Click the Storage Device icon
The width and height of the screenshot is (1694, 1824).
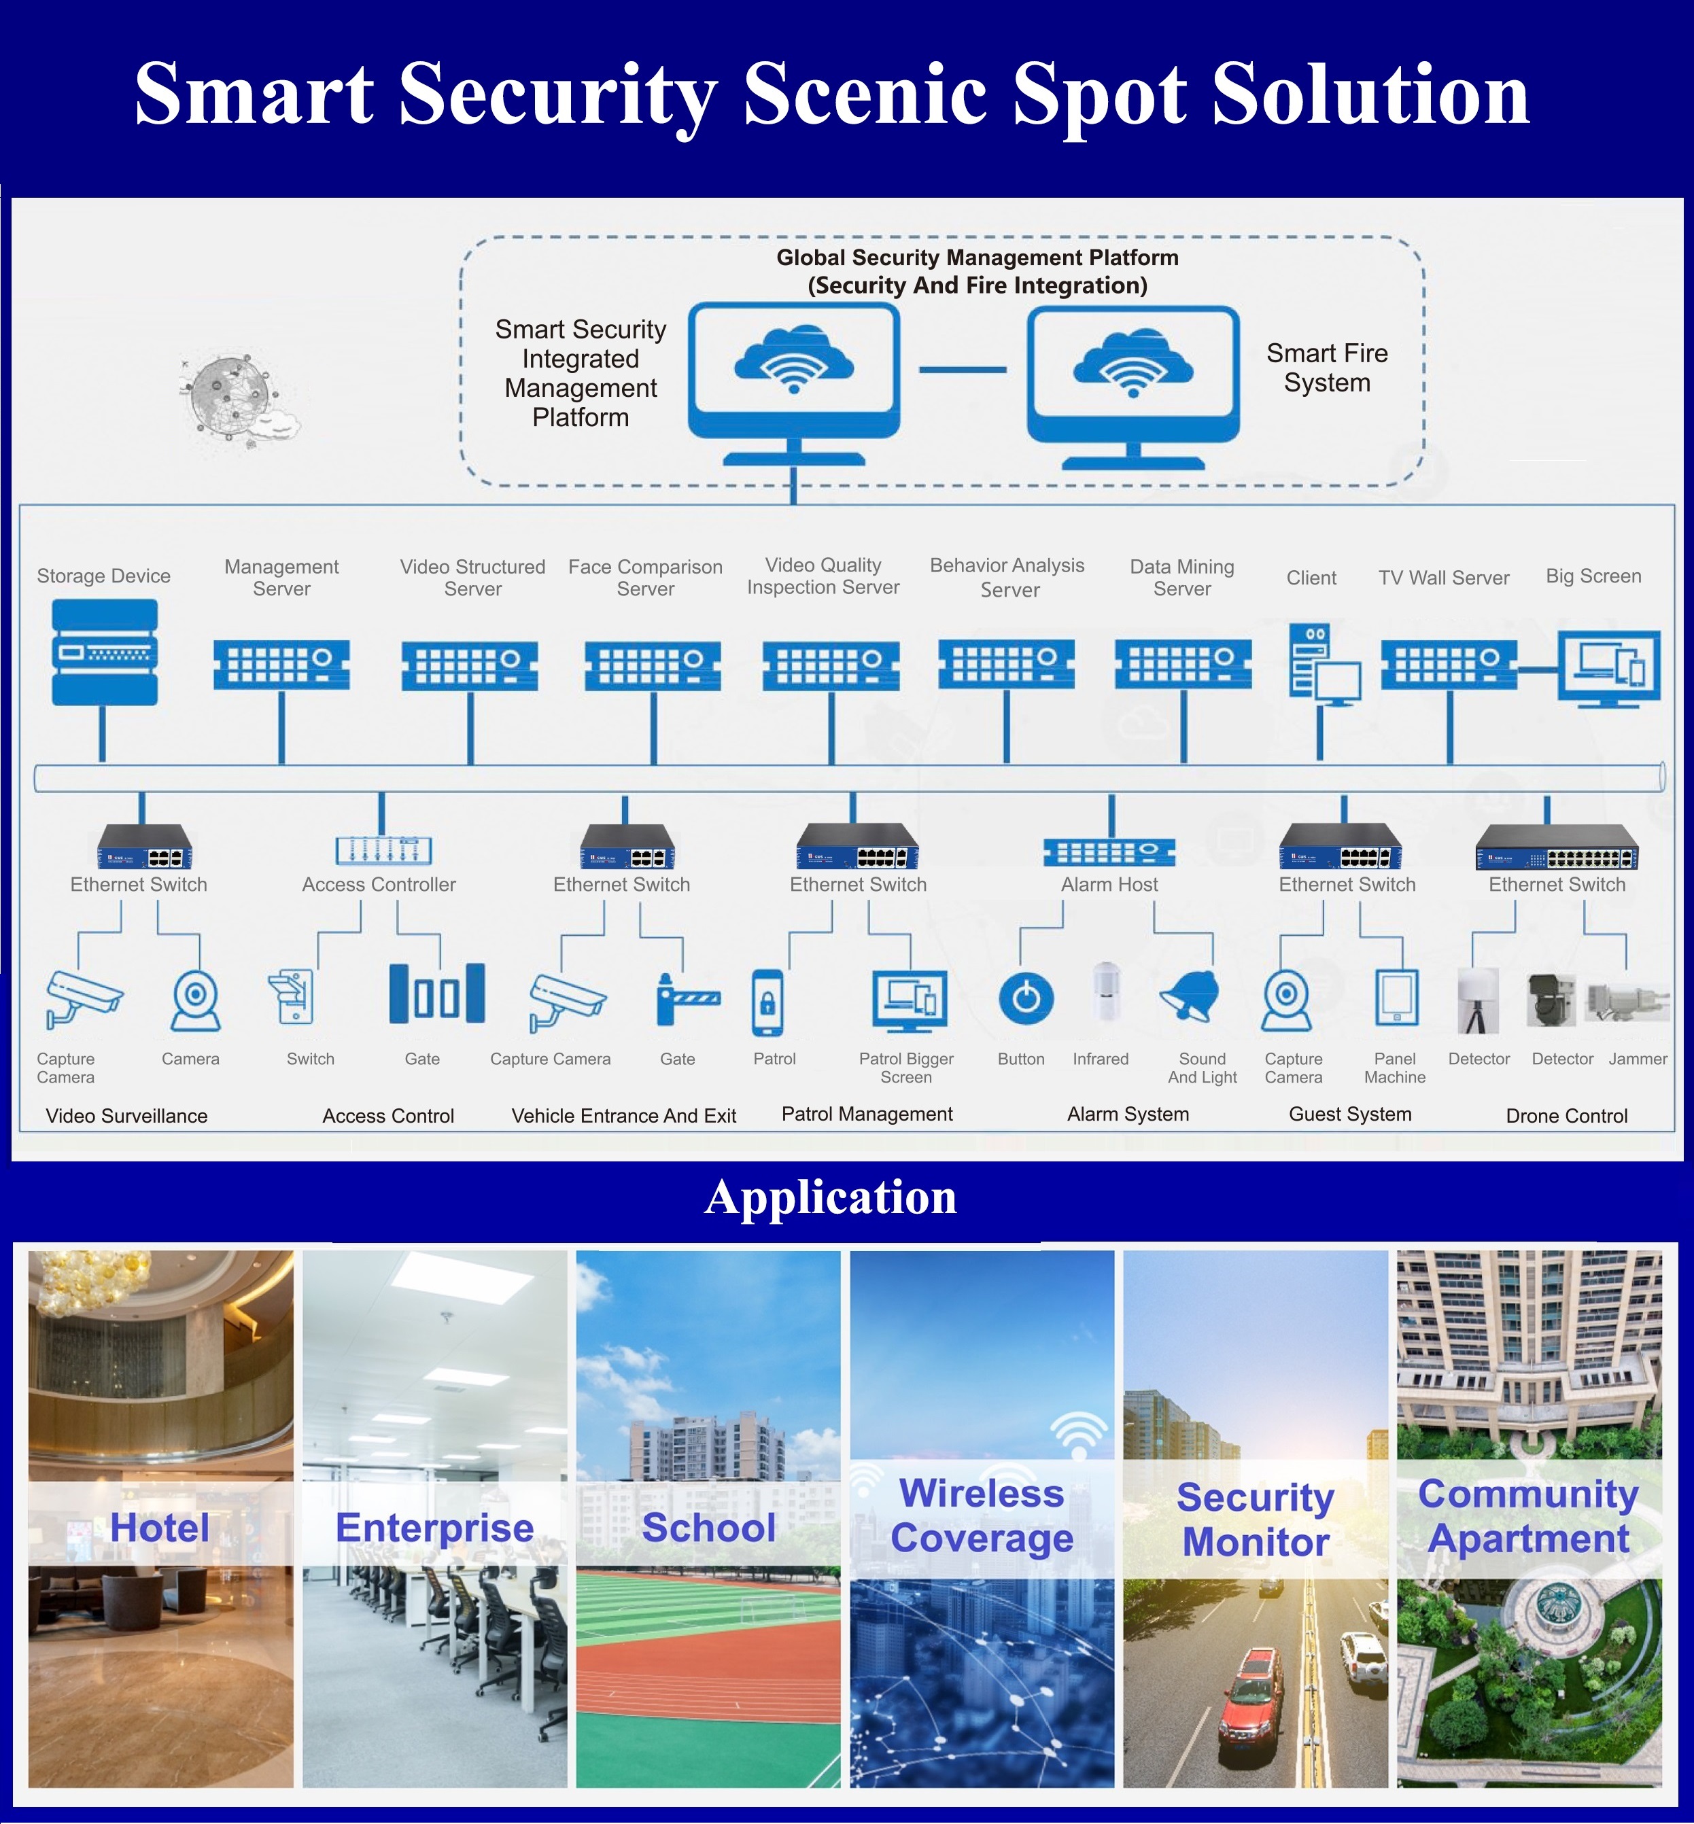105,652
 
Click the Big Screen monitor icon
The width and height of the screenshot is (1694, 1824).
1609,668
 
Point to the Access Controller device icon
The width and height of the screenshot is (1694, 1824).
383,849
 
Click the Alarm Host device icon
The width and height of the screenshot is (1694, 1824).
1109,852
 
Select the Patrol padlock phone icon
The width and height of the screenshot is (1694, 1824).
767,1002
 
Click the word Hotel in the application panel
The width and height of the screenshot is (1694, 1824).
160,1527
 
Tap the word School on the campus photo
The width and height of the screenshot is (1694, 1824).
708,1527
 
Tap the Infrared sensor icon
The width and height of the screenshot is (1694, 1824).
1107,992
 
